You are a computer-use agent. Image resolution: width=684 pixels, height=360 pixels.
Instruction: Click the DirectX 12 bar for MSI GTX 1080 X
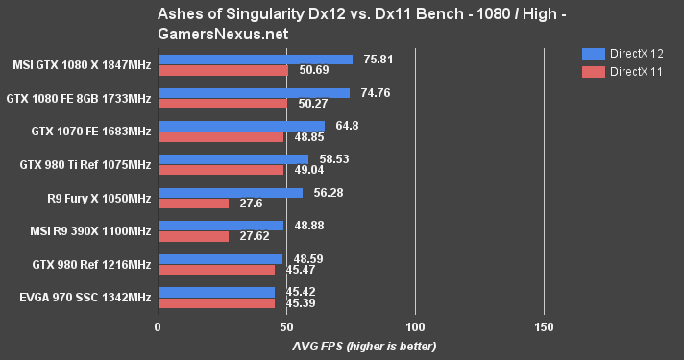click(x=255, y=60)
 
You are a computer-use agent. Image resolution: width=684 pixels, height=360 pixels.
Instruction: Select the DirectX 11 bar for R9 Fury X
click(x=193, y=204)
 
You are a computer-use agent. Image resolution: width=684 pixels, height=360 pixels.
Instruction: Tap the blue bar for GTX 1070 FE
click(x=241, y=126)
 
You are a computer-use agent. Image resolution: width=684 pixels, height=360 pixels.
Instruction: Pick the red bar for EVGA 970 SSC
click(x=216, y=303)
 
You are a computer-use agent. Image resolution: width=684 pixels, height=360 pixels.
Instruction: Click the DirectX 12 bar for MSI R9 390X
click(x=220, y=226)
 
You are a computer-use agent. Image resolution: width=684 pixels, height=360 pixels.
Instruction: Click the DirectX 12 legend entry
click(x=621, y=54)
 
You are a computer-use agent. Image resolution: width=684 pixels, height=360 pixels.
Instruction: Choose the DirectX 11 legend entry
click(x=621, y=71)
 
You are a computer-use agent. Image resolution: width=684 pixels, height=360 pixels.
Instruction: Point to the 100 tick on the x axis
click(x=415, y=327)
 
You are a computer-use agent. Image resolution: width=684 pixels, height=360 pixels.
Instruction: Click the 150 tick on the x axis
click(x=544, y=327)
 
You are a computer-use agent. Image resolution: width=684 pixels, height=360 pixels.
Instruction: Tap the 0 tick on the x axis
click(x=158, y=327)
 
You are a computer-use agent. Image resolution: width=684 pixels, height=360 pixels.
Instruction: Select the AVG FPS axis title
click(x=350, y=346)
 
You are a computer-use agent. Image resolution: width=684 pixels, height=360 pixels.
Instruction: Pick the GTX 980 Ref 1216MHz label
click(x=92, y=264)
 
